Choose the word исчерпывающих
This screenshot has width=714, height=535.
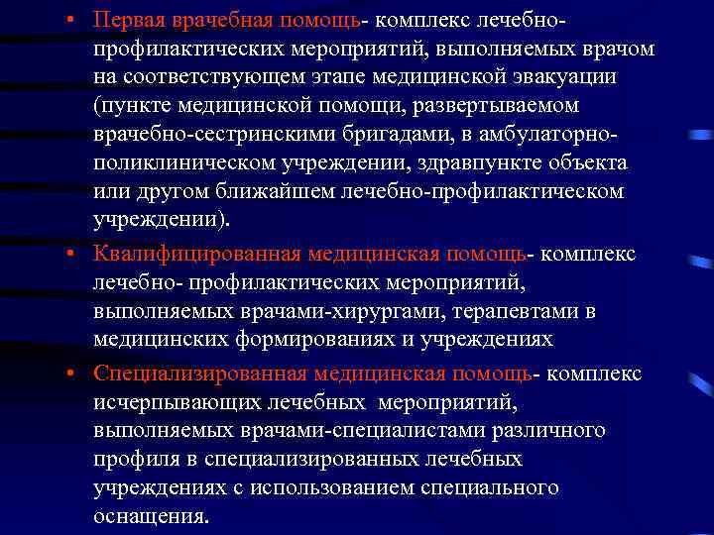point(175,403)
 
